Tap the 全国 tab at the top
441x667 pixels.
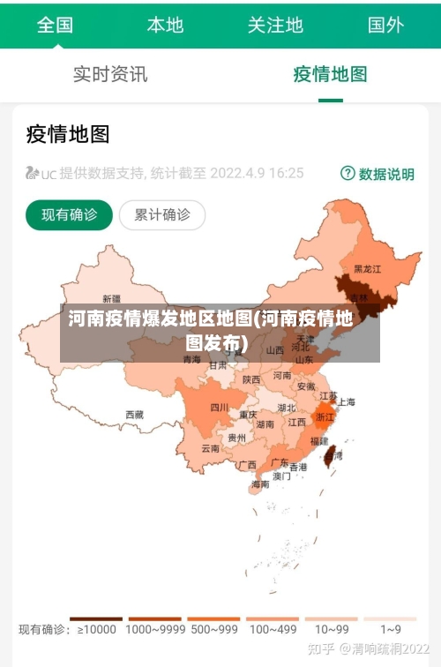tap(55, 25)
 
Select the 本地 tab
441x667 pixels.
tap(165, 25)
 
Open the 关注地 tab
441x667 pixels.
tap(275, 25)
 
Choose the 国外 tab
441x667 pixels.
tap(385, 25)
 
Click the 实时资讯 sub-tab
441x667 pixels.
tap(110, 74)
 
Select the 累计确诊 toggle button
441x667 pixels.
tap(162, 214)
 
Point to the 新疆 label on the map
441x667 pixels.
tap(112, 298)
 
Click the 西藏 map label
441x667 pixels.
tap(134, 414)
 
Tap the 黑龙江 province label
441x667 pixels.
tap(367, 268)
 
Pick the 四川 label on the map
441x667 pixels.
tap(220, 408)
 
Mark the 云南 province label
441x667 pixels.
tap(211, 448)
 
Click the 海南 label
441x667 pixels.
tap(260, 483)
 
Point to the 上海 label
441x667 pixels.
tap(346, 401)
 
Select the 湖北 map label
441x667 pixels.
tap(287, 408)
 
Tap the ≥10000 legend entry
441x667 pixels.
tap(96, 629)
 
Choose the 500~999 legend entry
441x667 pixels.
tap(213, 629)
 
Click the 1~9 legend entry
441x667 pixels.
tap(391, 629)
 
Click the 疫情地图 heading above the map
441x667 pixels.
tap(68, 134)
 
